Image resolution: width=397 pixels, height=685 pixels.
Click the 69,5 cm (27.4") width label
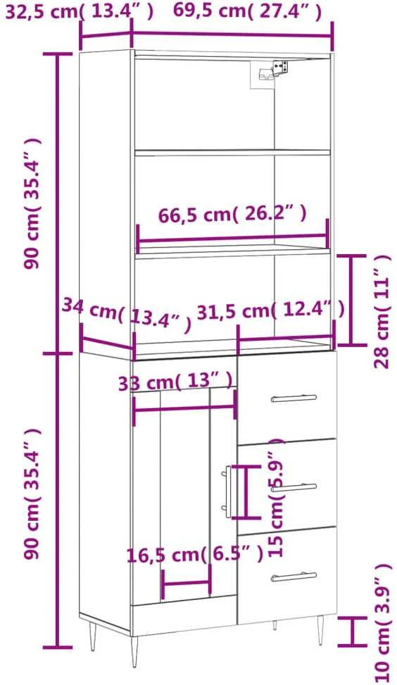(x=247, y=11)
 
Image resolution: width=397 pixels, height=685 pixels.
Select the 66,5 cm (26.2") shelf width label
(x=232, y=215)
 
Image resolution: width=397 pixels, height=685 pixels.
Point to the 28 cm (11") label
(x=383, y=311)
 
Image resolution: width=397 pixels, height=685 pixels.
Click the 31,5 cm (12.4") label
(x=271, y=311)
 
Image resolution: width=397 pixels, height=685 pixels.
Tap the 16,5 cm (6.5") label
(x=195, y=555)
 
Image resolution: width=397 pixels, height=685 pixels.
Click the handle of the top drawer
(x=294, y=398)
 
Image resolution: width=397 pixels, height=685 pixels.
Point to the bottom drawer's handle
(x=294, y=577)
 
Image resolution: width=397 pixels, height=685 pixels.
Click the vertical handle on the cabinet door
(x=227, y=491)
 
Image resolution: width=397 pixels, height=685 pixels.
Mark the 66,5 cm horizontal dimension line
(x=232, y=239)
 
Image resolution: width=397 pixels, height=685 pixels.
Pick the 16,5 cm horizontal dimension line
(x=186, y=582)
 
